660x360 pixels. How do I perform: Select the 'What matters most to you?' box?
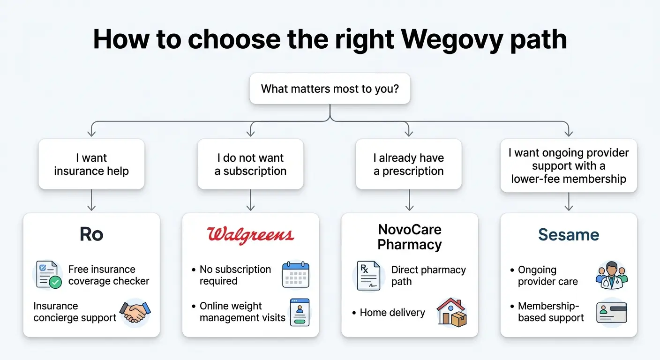(330, 89)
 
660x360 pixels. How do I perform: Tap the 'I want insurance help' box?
(91, 165)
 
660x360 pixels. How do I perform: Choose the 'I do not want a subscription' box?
(250, 165)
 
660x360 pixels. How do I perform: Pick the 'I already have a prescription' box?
(408, 165)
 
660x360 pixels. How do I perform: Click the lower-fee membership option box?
(569, 165)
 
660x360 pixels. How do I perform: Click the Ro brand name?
(91, 234)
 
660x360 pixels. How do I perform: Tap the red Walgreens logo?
(250, 234)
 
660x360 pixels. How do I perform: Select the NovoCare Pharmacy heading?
(410, 237)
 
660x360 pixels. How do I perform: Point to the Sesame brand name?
(569, 234)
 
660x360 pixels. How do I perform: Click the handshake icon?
(135, 312)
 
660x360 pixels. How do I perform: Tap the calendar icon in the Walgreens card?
(295, 275)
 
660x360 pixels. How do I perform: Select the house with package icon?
(451, 312)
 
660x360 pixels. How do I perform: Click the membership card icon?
(611, 312)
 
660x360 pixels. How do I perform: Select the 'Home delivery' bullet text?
(392, 313)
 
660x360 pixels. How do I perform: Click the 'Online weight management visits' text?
(242, 312)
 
